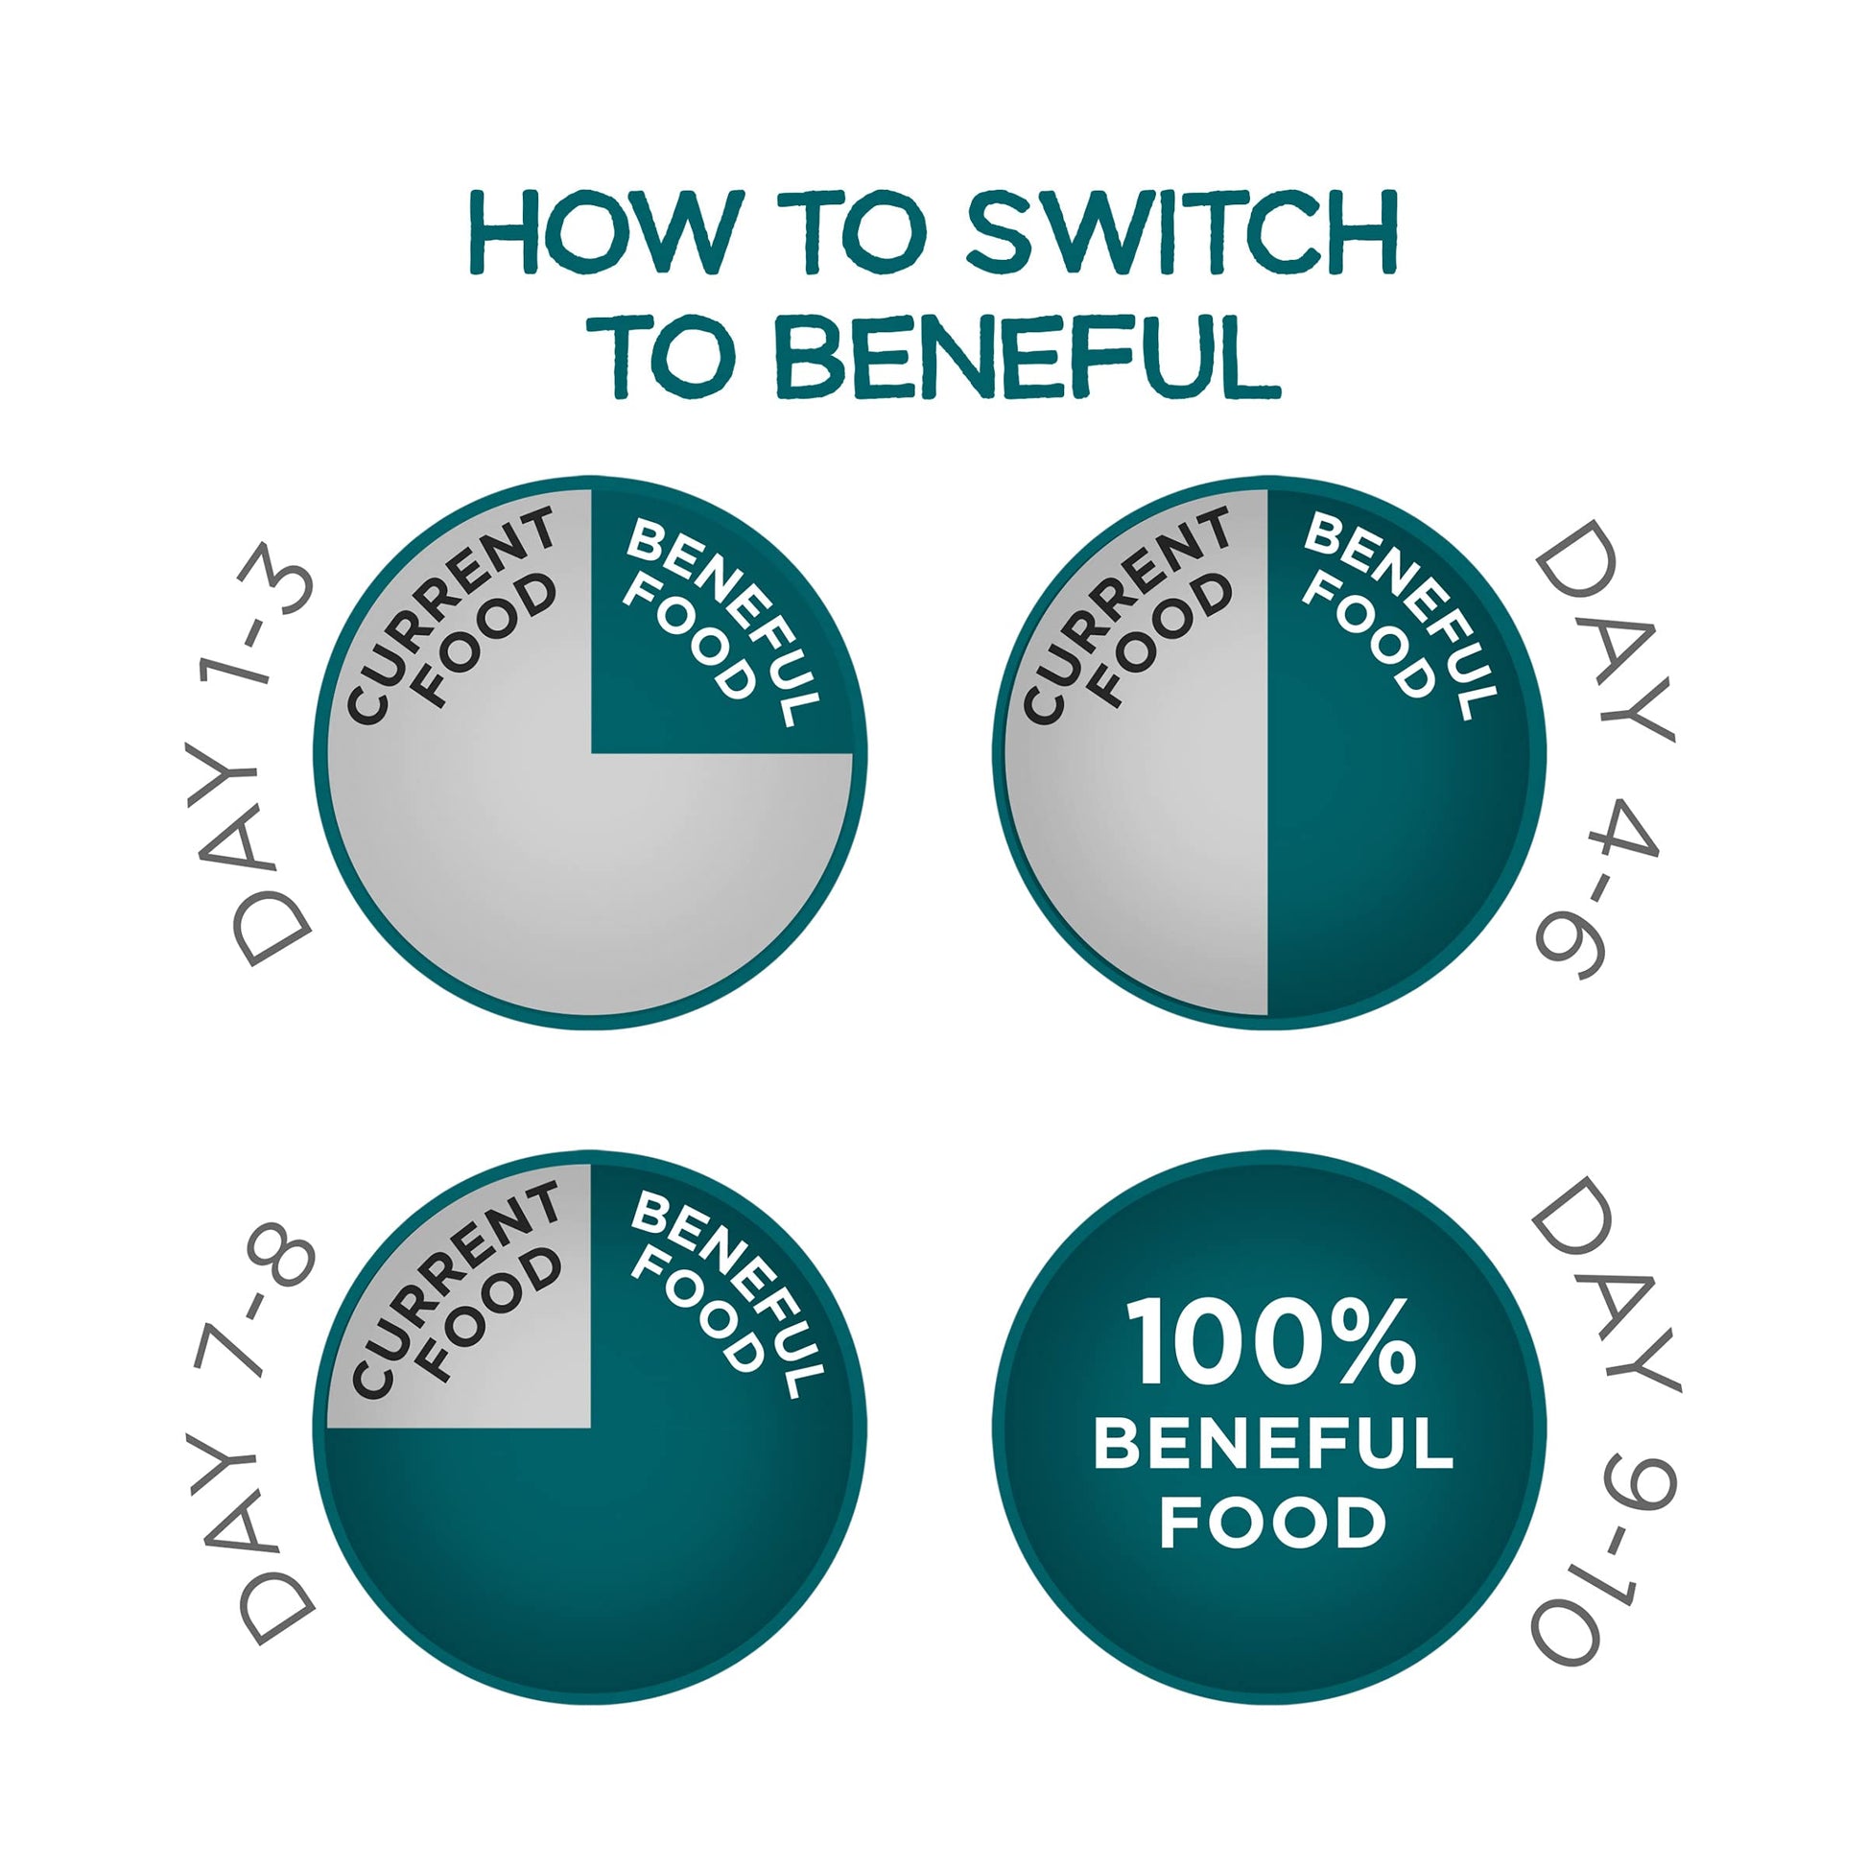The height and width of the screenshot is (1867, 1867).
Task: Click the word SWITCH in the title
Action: pos(1181,233)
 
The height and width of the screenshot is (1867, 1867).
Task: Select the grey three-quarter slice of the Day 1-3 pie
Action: pos(541,831)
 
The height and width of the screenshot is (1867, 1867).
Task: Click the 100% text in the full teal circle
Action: pos(1272,1344)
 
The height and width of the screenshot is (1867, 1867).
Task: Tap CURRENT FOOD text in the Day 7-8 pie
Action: pos(457,1289)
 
